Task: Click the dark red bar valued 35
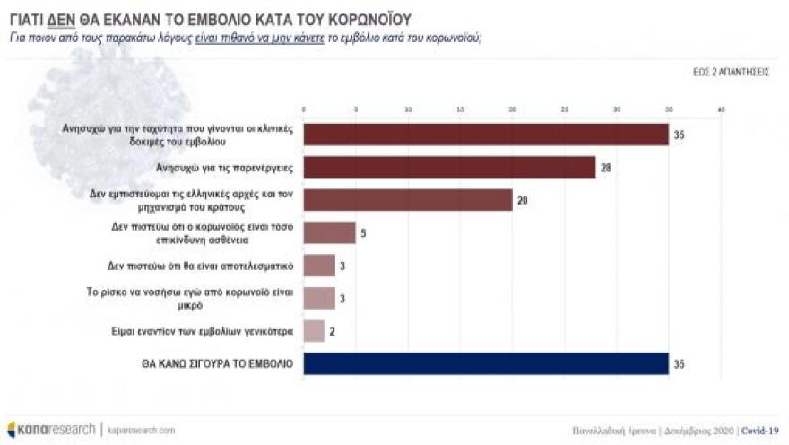pos(486,134)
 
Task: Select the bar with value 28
pos(449,167)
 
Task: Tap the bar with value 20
pos(408,199)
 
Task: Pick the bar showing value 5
pos(329,232)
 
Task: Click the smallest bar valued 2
pos(314,331)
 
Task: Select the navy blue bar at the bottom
pos(486,363)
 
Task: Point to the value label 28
pos(606,167)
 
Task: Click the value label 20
pos(522,200)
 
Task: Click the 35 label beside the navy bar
pos(679,363)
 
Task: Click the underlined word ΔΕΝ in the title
pos(60,18)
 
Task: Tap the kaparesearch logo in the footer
pos(51,430)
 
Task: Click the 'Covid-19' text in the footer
pos(761,430)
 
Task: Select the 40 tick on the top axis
pos(721,109)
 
